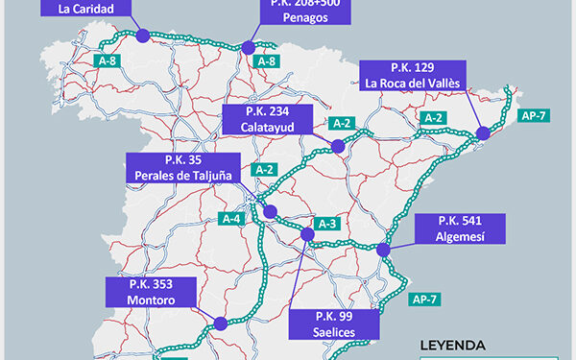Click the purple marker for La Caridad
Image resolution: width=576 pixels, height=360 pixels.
pos(143,36)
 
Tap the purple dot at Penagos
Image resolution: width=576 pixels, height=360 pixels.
pos(250,46)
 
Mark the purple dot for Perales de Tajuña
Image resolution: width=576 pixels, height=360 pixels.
pos(271,212)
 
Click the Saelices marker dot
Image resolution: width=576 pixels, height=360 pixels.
pos(308,233)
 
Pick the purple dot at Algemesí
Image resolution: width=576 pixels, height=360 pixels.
pos(384,250)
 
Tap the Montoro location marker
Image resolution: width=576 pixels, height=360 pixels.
pos(221,324)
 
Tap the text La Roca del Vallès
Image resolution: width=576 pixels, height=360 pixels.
pos(414,84)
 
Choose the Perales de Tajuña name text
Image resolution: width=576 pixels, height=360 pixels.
pos(184,176)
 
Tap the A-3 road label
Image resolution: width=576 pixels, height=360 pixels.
pos(328,224)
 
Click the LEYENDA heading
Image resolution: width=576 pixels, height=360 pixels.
pos(453,345)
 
